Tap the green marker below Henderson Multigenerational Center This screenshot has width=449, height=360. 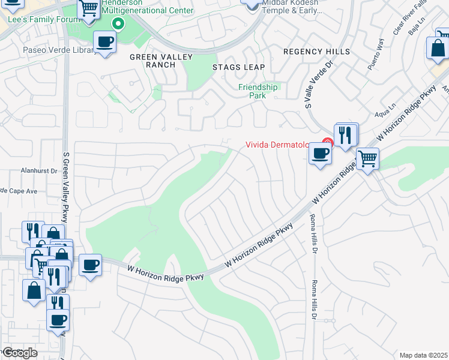[x=119, y=24]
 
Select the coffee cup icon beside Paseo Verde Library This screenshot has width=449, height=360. [x=105, y=42]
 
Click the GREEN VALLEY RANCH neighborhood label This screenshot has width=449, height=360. [x=161, y=61]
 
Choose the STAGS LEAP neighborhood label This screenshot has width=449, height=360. [x=238, y=67]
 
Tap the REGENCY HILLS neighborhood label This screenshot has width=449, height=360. [x=316, y=52]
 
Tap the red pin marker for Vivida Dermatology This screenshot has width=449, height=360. [x=327, y=143]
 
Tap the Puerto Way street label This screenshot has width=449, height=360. [x=376, y=58]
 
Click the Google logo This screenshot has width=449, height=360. [x=20, y=353]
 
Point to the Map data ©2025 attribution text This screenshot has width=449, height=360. [x=424, y=355]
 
